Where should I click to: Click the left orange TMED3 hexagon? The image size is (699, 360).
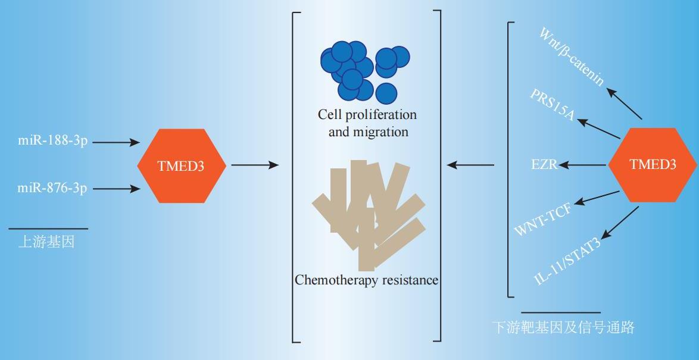[182, 166]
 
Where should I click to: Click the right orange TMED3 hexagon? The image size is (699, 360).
[653, 165]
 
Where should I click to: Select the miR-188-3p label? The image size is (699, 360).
[52, 142]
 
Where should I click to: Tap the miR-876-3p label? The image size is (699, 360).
[52, 189]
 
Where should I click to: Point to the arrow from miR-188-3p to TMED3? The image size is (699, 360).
[116, 143]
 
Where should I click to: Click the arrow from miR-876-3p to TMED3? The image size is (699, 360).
[116, 189]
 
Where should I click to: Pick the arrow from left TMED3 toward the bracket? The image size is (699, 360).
[254, 165]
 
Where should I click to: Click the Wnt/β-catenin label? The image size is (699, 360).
[572, 56]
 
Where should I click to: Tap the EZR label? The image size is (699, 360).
[544, 165]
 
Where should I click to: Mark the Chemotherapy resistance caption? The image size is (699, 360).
[366, 279]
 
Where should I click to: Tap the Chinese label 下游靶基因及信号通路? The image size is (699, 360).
[563, 327]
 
